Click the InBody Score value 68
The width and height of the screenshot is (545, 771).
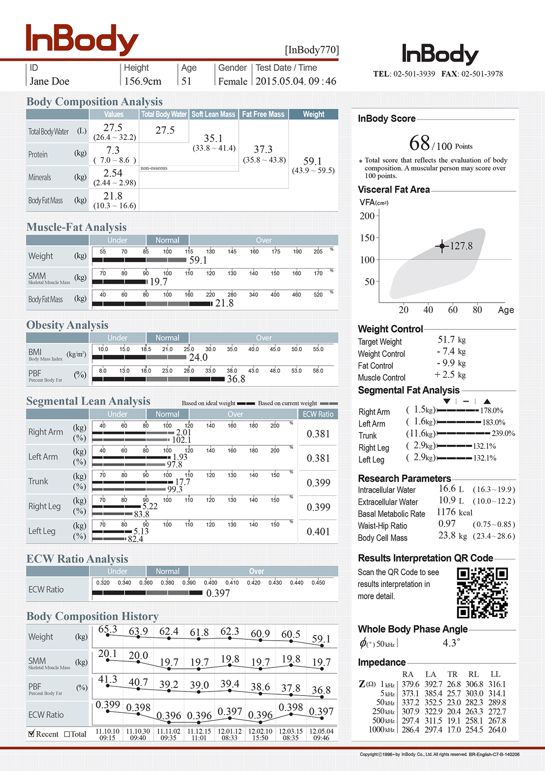point(419,143)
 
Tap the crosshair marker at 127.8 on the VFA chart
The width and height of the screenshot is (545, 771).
point(442,246)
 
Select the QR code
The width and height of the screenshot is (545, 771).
point(482,593)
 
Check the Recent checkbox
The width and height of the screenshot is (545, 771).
point(32,733)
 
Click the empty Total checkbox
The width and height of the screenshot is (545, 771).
point(67,734)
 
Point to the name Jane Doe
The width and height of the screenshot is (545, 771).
point(50,81)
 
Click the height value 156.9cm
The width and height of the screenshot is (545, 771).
point(143,81)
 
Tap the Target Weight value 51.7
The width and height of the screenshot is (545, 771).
point(446,340)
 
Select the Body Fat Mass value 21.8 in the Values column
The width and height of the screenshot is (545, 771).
point(113,196)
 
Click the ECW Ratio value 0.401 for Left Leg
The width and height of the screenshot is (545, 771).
point(318,532)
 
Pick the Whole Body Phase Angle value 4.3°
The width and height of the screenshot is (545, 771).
point(451,643)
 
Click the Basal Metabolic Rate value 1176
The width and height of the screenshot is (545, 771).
point(446,512)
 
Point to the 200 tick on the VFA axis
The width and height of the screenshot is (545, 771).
point(367,216)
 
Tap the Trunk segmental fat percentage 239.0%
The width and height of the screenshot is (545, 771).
point(503,434)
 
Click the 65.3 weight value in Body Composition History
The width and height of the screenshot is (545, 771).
point(108,629)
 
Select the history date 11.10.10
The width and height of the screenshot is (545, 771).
point(108,731)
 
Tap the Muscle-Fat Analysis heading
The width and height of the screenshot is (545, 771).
point(76,227)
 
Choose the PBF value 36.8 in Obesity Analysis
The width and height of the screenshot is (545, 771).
point(236,379)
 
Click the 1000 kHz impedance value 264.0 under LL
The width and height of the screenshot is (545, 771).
point(497,730)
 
